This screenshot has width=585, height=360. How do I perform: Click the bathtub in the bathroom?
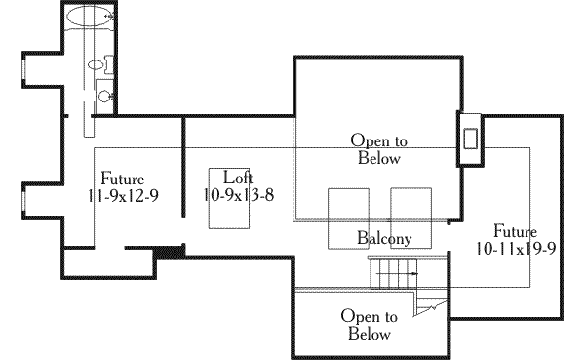(90, 17)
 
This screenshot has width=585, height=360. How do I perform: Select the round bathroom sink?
(103, 96)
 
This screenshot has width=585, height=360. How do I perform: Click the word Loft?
(239, 178)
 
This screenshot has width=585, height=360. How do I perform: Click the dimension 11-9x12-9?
(123, 195)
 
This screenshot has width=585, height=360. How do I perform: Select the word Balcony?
(383, 238)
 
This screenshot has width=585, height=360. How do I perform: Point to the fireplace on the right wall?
(471, 138)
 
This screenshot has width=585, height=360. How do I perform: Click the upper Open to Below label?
(377, 149)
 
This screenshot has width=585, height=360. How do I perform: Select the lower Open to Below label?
(369, 325)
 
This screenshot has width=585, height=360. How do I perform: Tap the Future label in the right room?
(514, 231)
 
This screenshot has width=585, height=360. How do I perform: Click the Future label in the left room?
(122, 180)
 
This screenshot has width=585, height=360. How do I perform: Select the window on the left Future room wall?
(20, 199)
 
